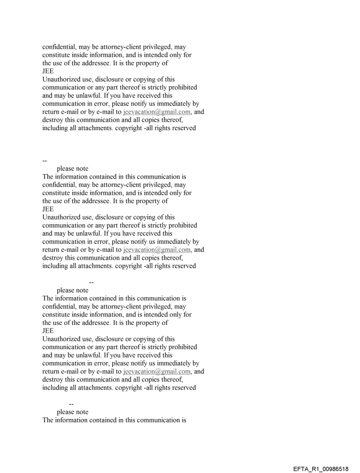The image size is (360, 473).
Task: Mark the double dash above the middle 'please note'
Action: (92, 282)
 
